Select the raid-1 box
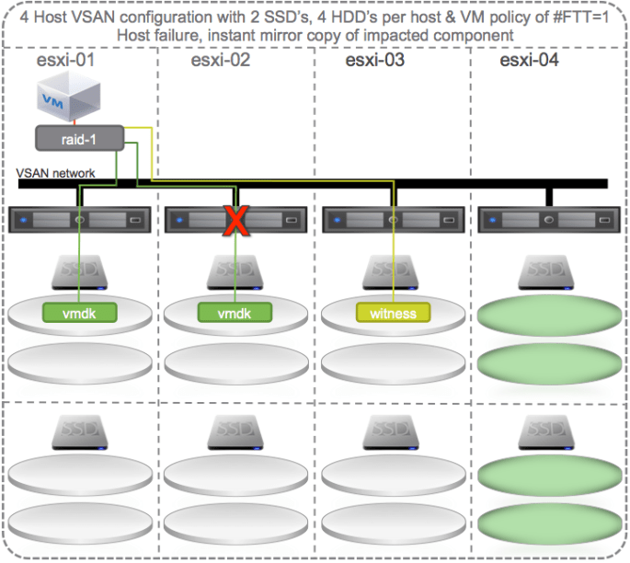pyautogui.click(x=78, y=139)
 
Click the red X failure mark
pyautogui.click(x=237, y=221)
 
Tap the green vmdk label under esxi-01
pyautogui.click(x=79, y=313)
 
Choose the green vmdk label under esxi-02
pyautogui.click(x=236, y=313)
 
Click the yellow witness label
pyautogui.click(x=393, y=313)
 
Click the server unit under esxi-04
pyautogui.click(x=548, y=220)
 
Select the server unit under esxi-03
pyautogui.click(x=393, y=220)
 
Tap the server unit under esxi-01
pyautogui.click(x=79, y=220)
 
